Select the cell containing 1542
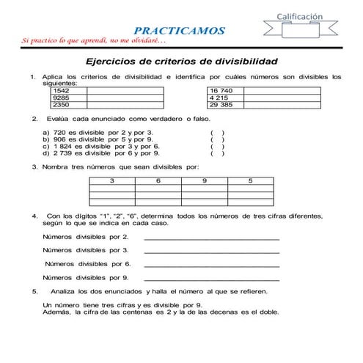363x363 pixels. [x=62, y=90]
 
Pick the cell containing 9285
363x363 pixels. [x=62, y=97]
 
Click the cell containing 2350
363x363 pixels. [x=62, y=104]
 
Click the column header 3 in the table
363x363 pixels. [x=112, y=180]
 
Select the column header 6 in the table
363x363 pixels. [x=158, y=180]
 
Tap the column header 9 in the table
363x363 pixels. [x=205, y=180]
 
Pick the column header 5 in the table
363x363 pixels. [x=251, y=180]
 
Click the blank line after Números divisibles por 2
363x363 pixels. [x=212, y=238]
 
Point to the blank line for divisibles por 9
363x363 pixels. [x=212, y=279]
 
